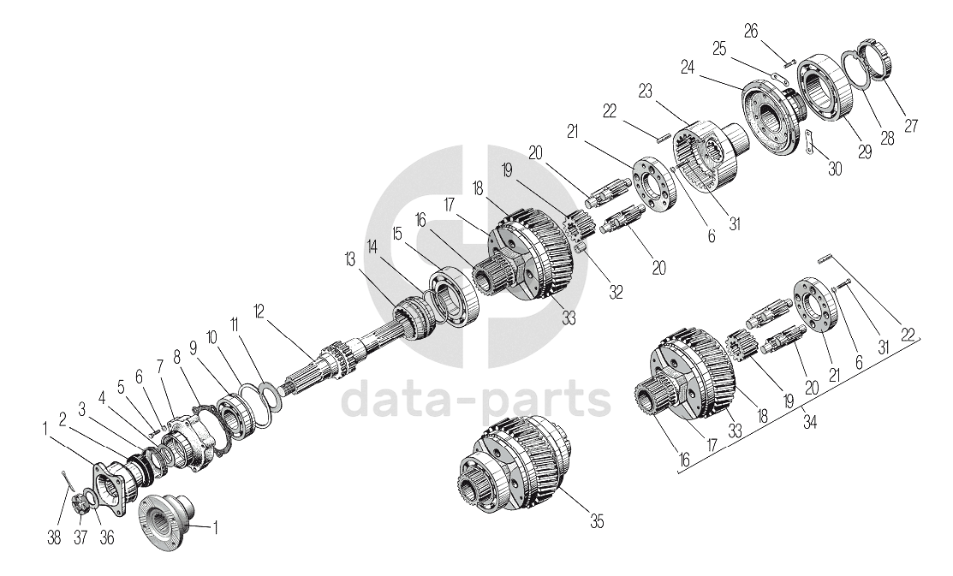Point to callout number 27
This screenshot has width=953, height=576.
click(x=910, y=125)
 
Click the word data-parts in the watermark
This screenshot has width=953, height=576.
click(x=476, y=399)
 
